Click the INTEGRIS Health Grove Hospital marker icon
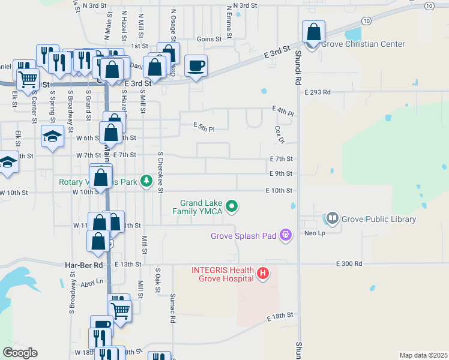[x=262, y=274]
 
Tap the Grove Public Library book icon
[x=332, y=219]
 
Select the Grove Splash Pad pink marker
[x=286, y=235]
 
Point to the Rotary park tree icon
[x=146, y=181]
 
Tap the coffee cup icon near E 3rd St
[x=196, y=65]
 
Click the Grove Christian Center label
[x=363, y=44]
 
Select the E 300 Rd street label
[x=349, y=263]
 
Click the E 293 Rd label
[x=317, y=92]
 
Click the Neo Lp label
[x=314, y=233]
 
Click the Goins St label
[x=209, y=38]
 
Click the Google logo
[x=20, y=353]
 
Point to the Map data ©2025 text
[x=423, y=355]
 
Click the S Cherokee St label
[x=160, y=172]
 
